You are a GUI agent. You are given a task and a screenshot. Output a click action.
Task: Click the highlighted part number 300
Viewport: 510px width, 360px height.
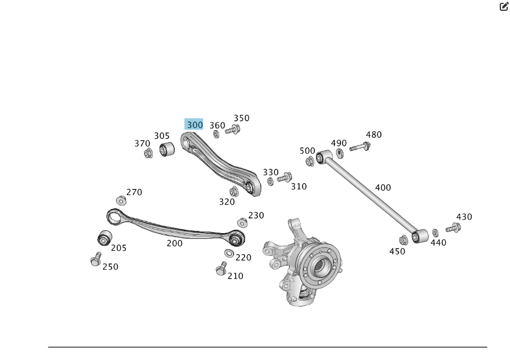[x=194, y=125]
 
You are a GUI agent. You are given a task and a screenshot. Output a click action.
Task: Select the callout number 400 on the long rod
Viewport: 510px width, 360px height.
[x=383, y=188]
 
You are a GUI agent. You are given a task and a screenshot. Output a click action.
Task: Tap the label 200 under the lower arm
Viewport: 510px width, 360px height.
[x=174, y=243]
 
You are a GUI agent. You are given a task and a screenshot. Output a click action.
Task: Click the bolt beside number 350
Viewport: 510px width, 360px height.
[x=232, y=130]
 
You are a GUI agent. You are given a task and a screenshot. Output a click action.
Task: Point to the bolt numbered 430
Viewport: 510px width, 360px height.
[x=453, y=228]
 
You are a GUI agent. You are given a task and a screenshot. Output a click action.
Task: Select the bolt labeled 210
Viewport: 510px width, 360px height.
[x=221, y=269]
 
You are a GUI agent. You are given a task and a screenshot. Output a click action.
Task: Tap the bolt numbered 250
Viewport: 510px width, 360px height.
[x=96, y=260]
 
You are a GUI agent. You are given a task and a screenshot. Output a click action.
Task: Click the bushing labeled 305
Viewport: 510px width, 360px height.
[x=166, y=150]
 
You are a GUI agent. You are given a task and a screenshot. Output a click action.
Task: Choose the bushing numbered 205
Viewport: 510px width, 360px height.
[x=104, y=238]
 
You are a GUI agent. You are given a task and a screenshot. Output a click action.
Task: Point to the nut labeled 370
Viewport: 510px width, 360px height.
[x=149, y=153]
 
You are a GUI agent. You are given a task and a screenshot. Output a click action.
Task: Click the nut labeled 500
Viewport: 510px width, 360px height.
[x=310, y=162]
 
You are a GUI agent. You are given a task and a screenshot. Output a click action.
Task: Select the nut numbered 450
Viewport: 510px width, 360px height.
[x=404, y=240]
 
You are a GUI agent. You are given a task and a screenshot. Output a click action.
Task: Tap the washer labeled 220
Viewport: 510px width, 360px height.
[x=229, y=253]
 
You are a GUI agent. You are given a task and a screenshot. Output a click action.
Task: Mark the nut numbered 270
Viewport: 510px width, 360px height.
[x=121, y=200]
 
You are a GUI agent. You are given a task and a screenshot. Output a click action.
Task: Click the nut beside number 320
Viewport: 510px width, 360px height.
[x=233, y=192]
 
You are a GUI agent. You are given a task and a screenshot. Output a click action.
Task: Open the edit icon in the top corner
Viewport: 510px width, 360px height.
[x=504, y=7]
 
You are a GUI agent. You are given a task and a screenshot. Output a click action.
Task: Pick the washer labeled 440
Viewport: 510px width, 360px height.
[x=435, y=233]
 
